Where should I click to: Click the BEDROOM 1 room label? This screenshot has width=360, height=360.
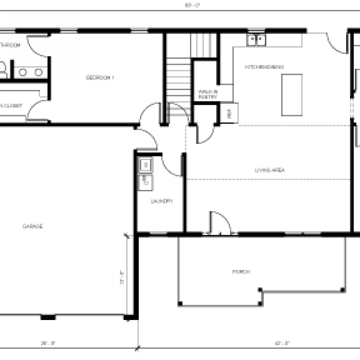point(100,78)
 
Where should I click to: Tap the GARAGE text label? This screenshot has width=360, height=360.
point(33,226)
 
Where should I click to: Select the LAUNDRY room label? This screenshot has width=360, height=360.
point(162,201)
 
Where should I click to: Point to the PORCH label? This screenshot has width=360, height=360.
point(241,272)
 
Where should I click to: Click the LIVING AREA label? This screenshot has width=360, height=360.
point(270,170)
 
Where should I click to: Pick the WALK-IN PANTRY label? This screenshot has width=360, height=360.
point(208,94)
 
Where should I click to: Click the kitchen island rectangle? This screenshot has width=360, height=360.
point(292,95)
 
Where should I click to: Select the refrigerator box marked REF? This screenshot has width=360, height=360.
point(230,114)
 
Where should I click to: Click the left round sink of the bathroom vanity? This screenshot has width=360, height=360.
point(23,72)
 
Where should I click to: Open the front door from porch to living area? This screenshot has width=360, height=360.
point(219,223)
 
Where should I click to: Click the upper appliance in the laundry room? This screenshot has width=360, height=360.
point(145,164)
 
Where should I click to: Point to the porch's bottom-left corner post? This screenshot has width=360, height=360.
point(180,304)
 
